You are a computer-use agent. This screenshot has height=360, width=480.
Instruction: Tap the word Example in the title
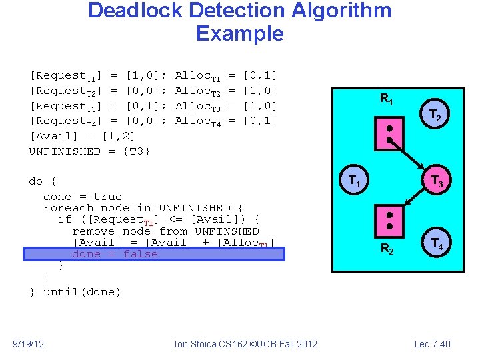click(240, 33)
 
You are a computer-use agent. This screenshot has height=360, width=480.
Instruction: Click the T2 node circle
click(434, 116)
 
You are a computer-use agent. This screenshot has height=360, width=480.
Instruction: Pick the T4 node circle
click(437, 243)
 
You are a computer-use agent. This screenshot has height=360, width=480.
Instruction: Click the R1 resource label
click(386, 99)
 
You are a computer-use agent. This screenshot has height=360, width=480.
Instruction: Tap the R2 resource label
click(387, 249)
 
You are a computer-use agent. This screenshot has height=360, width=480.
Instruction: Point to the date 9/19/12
click(29, 344)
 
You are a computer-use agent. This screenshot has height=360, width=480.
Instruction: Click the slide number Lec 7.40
click(432, 344)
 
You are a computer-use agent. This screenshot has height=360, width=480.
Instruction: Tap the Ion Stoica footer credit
click(245, 344)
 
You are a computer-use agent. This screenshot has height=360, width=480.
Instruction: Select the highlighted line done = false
click(115, 254)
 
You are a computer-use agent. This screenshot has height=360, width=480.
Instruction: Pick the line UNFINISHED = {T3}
click(90, 151)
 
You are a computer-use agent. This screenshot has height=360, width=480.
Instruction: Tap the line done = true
click(83, 197)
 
